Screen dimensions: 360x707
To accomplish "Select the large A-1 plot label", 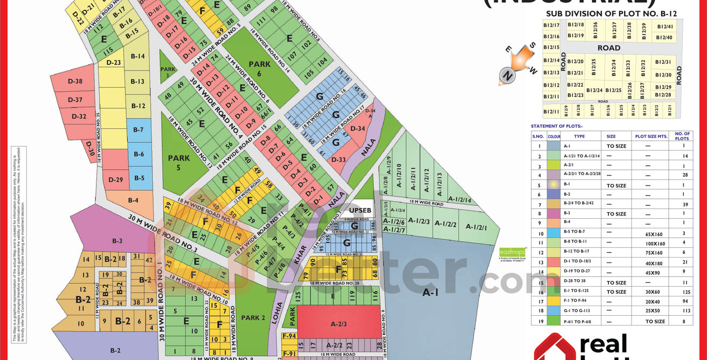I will pyautogui.click(x=430, y=293).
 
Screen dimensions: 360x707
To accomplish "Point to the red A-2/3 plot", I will pyautogui.click(x=338, y=324).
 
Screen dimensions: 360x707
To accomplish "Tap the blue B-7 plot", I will pyautogui.click(x=138, y=130).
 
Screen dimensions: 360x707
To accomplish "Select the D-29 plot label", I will pyautogui.click(x=116, y=179).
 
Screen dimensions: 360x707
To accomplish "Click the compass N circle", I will pyautogui.click(x=507, y=76).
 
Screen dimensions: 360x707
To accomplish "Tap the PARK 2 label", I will pyautogui.click(x=253, y=318).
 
